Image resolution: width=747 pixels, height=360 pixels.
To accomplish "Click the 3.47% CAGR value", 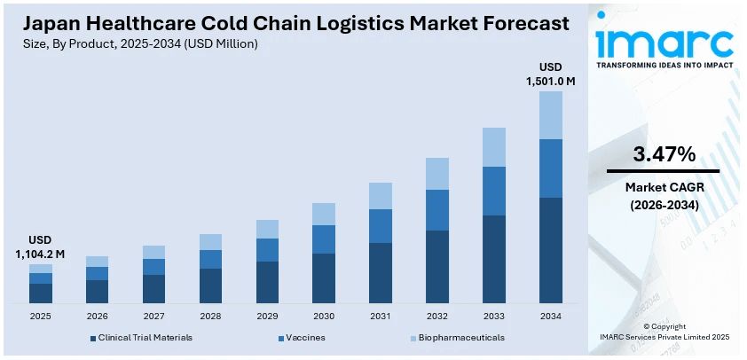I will [663, 154].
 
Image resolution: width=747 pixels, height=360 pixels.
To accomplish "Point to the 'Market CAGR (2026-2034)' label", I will [663, 196].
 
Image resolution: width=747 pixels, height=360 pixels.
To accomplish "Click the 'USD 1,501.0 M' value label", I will [551, 74].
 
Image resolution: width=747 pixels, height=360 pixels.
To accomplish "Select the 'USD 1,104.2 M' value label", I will [40, 247].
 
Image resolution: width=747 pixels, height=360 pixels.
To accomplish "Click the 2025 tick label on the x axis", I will [40, 316].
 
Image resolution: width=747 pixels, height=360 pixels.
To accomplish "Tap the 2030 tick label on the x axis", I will [324, 316].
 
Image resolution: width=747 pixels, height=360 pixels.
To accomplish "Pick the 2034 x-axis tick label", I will [551, 316].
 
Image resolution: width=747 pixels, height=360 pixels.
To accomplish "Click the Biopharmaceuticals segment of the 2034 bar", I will [551, 115].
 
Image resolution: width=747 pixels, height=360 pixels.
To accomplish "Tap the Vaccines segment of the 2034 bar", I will [551, 168].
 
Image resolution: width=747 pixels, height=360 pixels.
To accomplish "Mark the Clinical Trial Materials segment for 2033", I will [494, 259].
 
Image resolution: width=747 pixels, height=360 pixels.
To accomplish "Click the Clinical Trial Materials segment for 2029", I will [267, 282].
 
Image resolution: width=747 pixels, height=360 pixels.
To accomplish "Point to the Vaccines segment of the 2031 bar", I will [381, 226].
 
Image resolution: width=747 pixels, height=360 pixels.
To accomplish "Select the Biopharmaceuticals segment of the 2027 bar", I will [153, 252].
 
